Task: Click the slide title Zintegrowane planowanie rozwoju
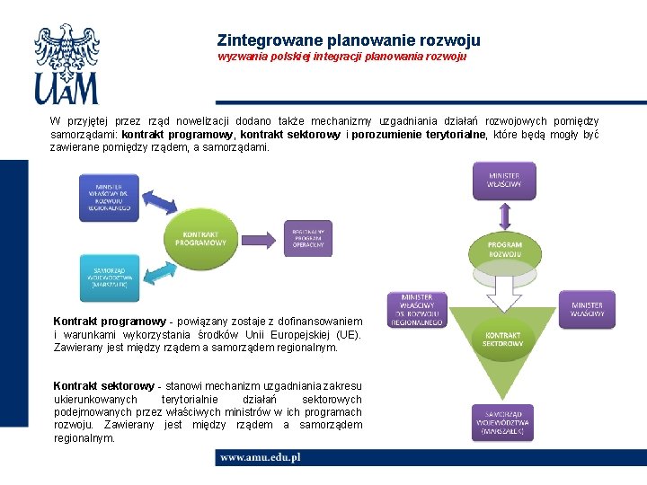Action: (x=349, y=40)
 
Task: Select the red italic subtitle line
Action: (x=341, y=57)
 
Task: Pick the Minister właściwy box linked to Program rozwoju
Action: (x=504, y=181)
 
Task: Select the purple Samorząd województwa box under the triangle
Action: (x=503, y=422)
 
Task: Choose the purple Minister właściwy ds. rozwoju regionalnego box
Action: (x=417, y=309)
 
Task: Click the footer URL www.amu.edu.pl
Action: (x=261, y=457)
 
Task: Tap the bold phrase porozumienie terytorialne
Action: (x=421, y=135)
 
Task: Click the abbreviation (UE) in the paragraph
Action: (x=348, y=334)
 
